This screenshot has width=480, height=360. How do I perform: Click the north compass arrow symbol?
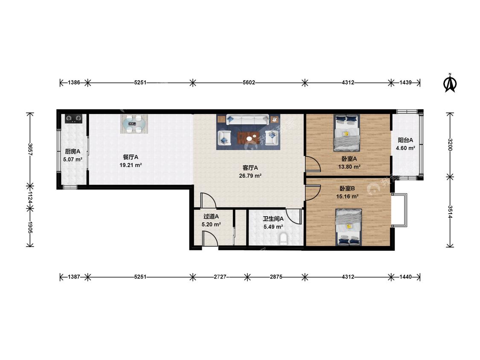pos(450,83)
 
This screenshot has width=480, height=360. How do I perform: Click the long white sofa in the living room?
pos(247,119)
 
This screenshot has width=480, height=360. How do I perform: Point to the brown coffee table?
pos(248,138)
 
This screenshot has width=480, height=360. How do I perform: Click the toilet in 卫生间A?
pos(283,238)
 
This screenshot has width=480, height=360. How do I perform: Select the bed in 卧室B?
pos(349,227)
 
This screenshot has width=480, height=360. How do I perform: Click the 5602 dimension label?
pos(249,83)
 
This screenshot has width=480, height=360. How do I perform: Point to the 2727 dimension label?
pos(220,277)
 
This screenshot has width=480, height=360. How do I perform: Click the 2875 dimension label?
pos(276,277)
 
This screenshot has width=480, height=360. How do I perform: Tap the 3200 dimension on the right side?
pos(450,145)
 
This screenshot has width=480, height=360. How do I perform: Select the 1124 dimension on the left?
pos(30,197)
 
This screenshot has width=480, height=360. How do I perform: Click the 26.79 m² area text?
pos(250,176)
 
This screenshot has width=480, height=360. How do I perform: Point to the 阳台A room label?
pos(406,140)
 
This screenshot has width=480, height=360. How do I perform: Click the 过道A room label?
pos(211,216)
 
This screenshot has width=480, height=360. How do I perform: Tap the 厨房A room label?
pos(73,151)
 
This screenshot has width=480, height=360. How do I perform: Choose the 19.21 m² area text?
pos(131,165)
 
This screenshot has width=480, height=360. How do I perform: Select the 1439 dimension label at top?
pos(406,83)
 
